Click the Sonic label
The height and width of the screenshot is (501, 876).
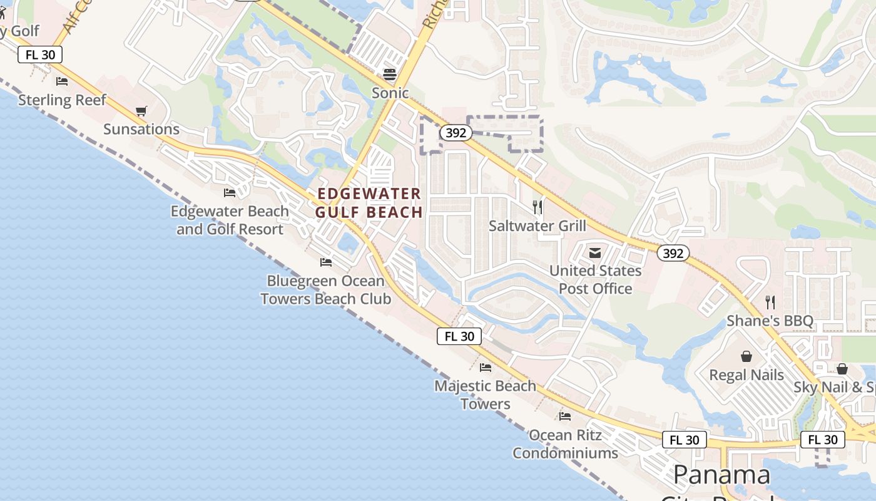(x=390, y=93)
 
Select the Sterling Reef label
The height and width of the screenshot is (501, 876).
(x=62, y=100)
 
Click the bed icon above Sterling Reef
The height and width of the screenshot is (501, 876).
(x=62, y=81)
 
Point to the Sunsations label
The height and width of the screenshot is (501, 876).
(x=141, y=130)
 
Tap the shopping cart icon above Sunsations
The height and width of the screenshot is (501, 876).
(x=141, y=111)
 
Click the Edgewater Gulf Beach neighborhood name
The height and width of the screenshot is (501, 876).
(x=369, y=203)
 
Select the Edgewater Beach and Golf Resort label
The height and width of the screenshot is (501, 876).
(x=230, y=220)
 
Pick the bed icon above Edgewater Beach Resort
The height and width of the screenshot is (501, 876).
(x=230, y=193)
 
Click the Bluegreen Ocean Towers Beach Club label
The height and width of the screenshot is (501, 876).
(x=326, y=290)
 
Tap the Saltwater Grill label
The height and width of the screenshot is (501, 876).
(x=537, y=226)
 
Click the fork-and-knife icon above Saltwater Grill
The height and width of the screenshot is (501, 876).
(x=537, y=207)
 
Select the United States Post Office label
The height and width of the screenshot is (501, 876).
(x=596, y=279)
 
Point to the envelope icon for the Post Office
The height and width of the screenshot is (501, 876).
(x=595, y=253)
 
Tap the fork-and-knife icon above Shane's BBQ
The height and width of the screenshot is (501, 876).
(x=770, y=302)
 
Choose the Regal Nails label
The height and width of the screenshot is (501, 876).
(x=746, y=375)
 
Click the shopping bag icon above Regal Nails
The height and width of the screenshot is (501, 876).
(x=746, y=357)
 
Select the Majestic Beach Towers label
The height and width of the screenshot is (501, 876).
(x=486, y=395)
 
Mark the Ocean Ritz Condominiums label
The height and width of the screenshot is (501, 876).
(x=566, y=443)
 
